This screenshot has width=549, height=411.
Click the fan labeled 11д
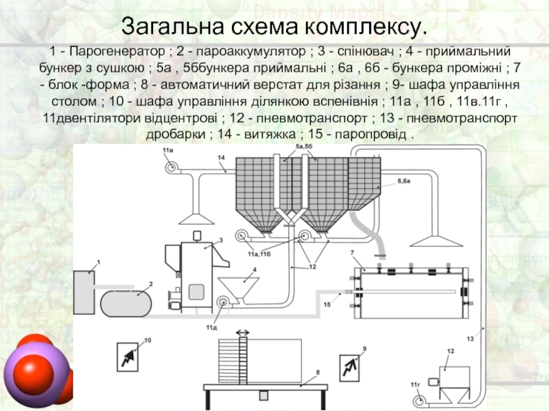click(x=221, y=303)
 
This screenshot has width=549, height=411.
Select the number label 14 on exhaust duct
click(x=222, y=158)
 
